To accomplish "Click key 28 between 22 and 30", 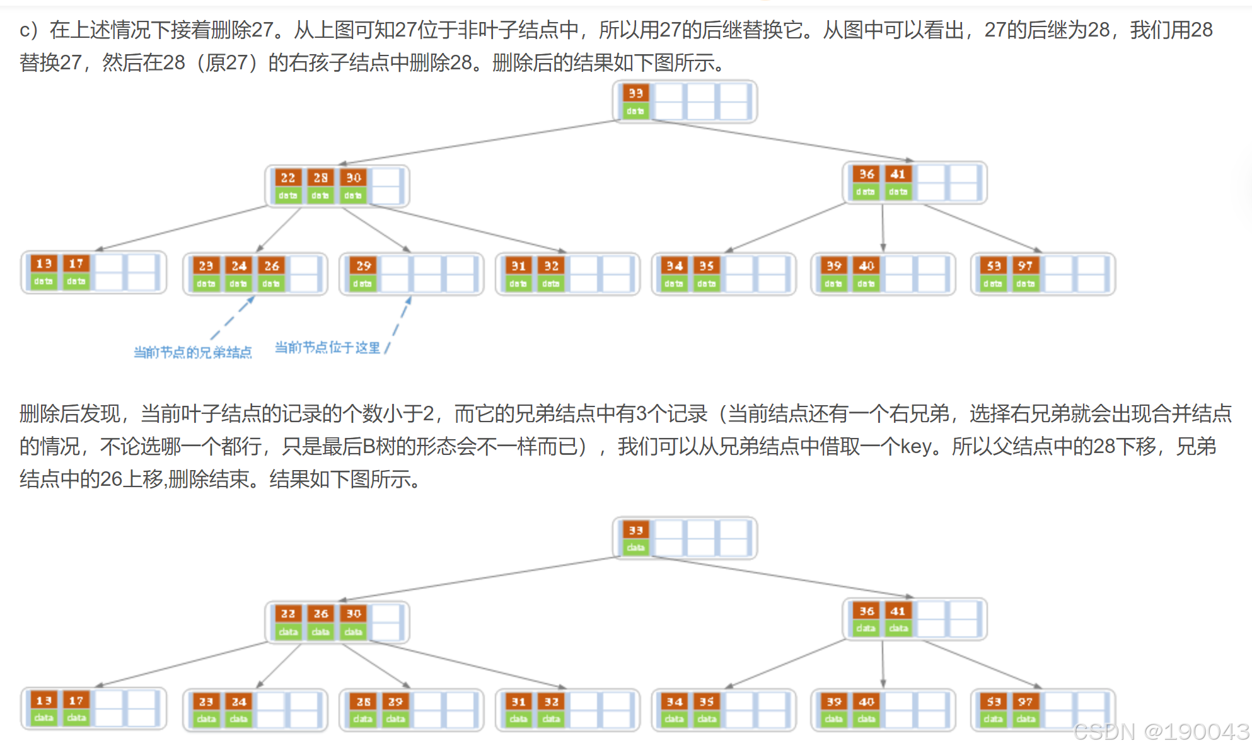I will tap(320, 178).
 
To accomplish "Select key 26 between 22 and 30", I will tap(320, 614).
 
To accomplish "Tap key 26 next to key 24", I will tap(272, 266).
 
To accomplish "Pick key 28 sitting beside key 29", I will tap(364, 701).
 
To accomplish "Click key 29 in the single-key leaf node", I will tap(364, 266).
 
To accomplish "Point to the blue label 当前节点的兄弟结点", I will tap(192, 352).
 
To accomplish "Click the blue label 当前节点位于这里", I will tap(328, 348).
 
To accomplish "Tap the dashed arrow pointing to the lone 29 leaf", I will tap(400, 321).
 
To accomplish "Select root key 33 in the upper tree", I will tap(635, 93).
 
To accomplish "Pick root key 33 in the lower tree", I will tap(635, 531).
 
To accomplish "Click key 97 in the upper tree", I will tap(1026, 266).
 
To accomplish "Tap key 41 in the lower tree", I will tap(898, 611).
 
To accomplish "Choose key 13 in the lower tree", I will tap(44, 701).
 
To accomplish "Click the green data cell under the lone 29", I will tap(362, 284).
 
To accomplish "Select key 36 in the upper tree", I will tap(867, 174).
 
